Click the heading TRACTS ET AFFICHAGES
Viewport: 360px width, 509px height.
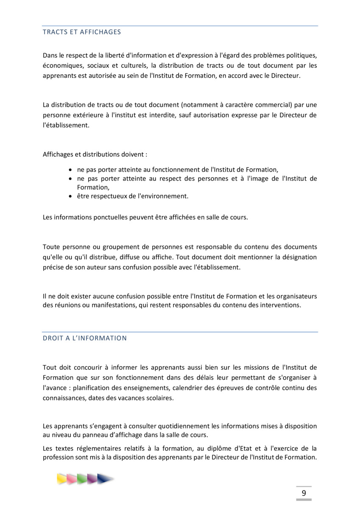point(82,32)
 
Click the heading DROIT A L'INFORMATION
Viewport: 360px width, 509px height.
point(84,338)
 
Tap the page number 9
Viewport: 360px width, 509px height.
point(304,493)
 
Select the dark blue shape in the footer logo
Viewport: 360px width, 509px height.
point(104,479)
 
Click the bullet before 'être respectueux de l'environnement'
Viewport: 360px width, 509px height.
point(71,196)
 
